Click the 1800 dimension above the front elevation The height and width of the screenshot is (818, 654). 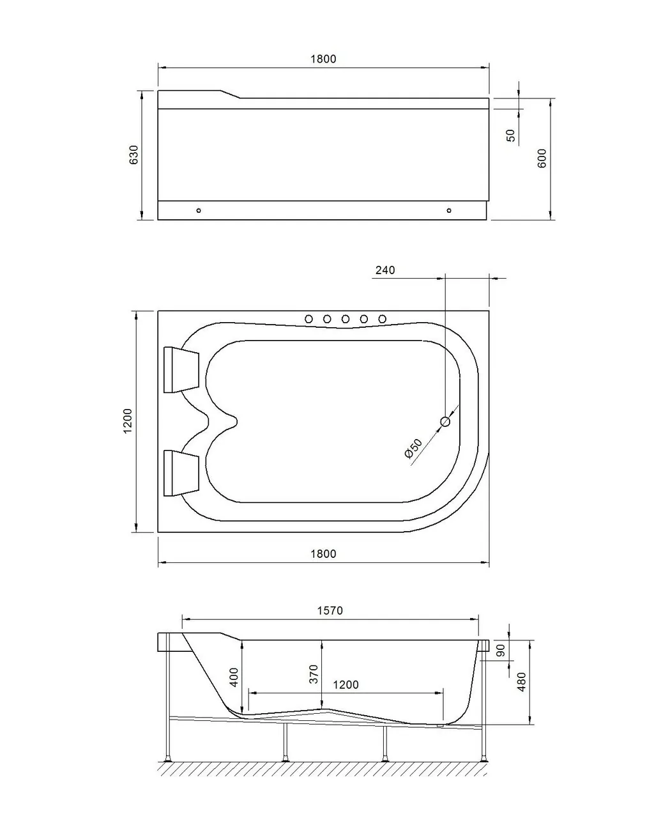(x=323, y=59)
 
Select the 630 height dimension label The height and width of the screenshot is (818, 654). (x=134, y=155)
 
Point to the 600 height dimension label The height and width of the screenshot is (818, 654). (x=542, y=158)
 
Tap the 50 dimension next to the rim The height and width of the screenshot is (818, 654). (x=510, y=135)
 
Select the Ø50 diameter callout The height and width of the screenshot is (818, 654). (x=413, y=447)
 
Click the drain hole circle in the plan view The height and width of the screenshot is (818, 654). (x=445, y=421)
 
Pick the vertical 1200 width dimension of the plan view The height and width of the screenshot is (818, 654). (x=128, y=422)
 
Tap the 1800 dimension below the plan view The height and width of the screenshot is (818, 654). (x=323, y=554)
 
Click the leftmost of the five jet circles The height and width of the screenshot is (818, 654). (x=308, y=319)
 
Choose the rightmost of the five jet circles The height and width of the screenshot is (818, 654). (x=382, y=319)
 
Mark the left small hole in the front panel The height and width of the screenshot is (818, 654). (x=199, y=210)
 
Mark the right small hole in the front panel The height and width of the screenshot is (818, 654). (x=449, y=210)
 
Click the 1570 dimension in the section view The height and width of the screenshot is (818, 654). (x=330, y=610)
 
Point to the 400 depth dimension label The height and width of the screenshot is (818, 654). (x=234, y=677)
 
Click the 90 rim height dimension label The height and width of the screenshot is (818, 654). (x=501, y=651)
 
